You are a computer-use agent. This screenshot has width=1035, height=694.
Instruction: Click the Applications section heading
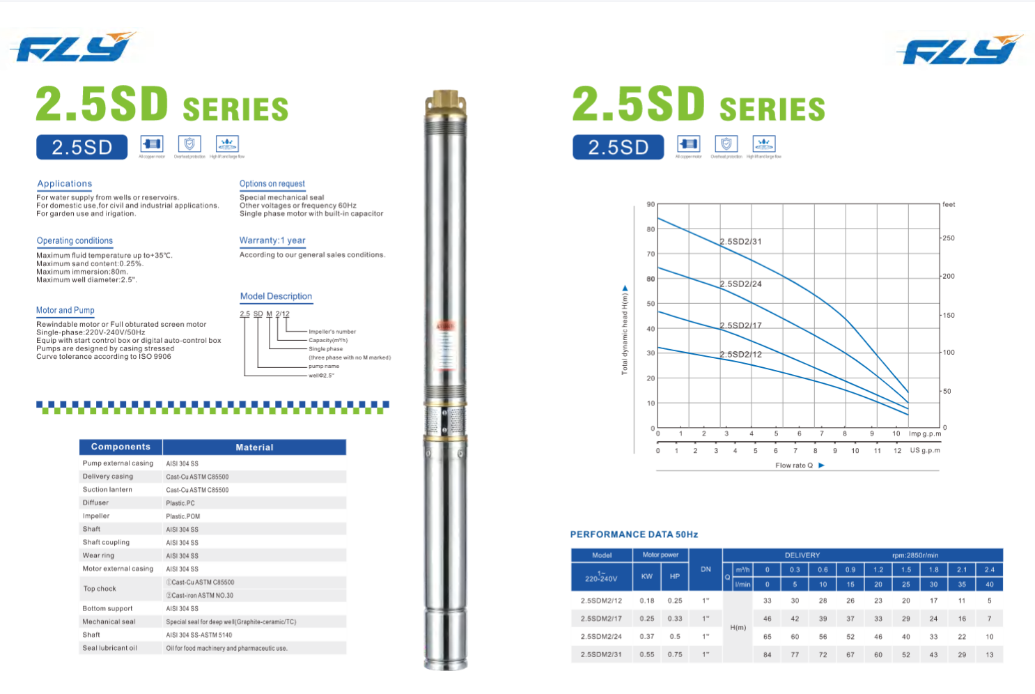point(65,184)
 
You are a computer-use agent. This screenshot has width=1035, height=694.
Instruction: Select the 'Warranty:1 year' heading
point(272,240)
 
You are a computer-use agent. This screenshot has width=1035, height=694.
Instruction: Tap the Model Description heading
point(276,296)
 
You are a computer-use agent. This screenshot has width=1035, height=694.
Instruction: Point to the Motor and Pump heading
point(65,310)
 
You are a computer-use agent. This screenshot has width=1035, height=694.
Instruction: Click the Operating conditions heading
point(75,240)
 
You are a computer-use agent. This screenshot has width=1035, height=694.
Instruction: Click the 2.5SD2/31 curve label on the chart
point(740,242)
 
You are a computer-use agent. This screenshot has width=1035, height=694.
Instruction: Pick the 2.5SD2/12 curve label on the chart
point(740,355)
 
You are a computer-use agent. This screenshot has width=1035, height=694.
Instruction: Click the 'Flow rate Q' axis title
point(794,465)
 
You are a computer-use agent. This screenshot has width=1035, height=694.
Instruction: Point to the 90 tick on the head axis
point(651,204)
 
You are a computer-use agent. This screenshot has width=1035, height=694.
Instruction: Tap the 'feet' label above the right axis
point(949,204)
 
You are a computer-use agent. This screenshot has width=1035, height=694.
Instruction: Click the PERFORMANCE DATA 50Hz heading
point(634,534)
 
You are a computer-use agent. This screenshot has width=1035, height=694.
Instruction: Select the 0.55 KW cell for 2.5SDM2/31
point(647,654)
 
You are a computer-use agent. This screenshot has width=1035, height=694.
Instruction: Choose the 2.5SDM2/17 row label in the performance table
point(601,618)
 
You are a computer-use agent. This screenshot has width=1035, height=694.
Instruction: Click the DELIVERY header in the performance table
point(802,555)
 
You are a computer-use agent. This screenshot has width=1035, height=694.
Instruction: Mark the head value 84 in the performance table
point(767,654)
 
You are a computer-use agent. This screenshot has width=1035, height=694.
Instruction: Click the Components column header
point(120,447)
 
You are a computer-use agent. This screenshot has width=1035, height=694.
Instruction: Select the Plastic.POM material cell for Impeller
point(183,516)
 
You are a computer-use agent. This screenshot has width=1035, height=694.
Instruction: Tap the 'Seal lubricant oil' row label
point(109,648)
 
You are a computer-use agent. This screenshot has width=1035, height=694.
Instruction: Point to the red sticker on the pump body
point(445,326)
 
